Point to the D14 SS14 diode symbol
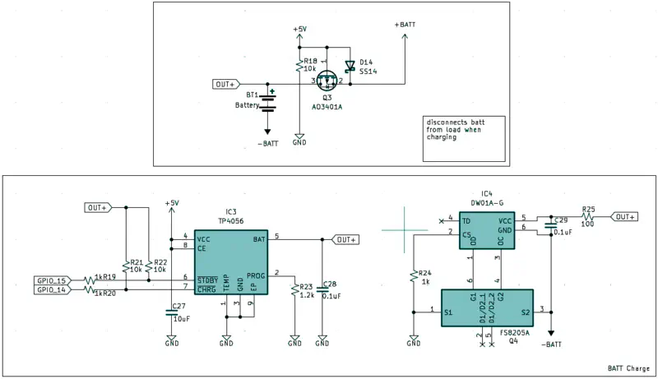pyautogui.click(x=350, y=66)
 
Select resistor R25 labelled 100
pyautogui.click(x=588, y=217)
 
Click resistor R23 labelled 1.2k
pyautogui.click(x=294, y=289)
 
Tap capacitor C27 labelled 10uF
pyautogui.click(x=171, y=312)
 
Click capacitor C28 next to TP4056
pyautogui.click(x=322, y=289)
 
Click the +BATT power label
pyautogui.click(x=405, y=25)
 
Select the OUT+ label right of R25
pyautogui.click(x=624, y=217)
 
